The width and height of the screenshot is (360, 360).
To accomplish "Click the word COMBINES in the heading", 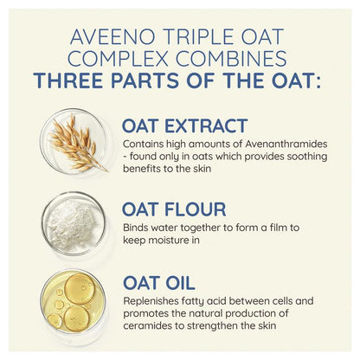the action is (231, 58).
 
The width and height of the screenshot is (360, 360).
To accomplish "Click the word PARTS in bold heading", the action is (145, 80).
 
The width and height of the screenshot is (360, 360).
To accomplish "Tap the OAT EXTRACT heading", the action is (184, 125).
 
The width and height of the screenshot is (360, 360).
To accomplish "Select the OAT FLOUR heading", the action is (174, 209).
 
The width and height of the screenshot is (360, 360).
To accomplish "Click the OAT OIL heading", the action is (159, 283).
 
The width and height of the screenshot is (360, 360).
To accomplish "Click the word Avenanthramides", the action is (286, 144).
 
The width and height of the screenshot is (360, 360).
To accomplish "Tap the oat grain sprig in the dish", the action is (76, 143).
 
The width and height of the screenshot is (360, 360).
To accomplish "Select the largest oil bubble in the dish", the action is (80, 289).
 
